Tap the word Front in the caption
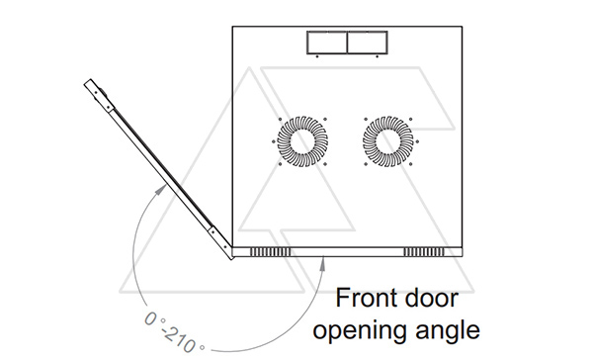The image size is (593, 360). click(x=365, y=298)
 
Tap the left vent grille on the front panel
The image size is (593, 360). click(x=271, y=252)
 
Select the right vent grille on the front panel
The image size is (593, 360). click(x=424, y=252)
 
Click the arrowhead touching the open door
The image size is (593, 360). click(x=161, y=189)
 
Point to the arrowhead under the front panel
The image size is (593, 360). click(x=322, y=264)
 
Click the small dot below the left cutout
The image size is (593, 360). click(x=317, y=56)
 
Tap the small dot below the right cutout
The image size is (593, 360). click(x=378, y=56)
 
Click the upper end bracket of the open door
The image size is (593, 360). click(x=99, y=95)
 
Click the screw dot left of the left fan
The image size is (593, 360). click(x=273, y=142)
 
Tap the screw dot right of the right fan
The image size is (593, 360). click(x=417, y=142)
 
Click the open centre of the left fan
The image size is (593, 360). click(x=302, y=141)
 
